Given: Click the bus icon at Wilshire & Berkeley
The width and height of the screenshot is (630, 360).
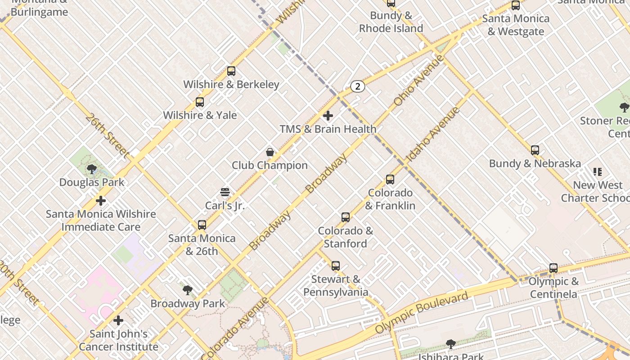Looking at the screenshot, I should point(231,71).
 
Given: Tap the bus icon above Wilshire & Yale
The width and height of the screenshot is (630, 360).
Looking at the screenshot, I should point(200,102).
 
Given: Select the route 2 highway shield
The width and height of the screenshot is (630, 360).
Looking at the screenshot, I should point(357,86).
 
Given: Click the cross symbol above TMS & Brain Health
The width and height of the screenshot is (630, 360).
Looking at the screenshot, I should point(328,116).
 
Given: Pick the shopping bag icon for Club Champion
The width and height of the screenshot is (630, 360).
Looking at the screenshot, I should point(270,152).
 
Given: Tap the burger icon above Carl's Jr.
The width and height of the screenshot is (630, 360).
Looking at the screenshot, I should point(225,193).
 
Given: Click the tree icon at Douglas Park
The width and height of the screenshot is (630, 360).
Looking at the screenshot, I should point(92,169).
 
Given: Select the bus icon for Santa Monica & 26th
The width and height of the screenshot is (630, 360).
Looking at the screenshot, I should point(202,225).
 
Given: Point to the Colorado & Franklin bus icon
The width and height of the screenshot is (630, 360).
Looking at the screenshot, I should point(390,180).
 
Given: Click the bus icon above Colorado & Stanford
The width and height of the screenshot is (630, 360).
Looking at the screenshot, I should point(346,217).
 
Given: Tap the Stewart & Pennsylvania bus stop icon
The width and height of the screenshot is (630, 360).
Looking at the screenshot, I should point(336,266).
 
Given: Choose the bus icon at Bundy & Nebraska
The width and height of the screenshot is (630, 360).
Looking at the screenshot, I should point(535,150).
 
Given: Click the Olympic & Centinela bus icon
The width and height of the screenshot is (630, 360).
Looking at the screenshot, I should point(553,268).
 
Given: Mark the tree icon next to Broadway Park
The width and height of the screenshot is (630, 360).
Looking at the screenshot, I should point(188,290).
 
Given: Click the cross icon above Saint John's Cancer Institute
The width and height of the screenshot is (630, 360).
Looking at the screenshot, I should point(118,320).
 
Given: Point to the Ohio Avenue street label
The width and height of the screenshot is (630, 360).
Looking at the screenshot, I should point(418,80).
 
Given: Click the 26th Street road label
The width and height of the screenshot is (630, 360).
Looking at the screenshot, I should point(107,135).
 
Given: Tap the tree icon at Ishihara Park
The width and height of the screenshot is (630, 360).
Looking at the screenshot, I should point(450,344).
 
